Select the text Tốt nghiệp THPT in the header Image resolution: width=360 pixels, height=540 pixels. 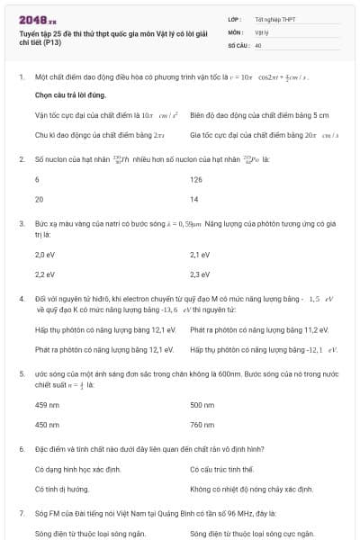click(273, 19)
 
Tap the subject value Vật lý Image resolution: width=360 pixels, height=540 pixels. click(262, 31)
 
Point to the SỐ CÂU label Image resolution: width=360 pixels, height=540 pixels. click(238, 44)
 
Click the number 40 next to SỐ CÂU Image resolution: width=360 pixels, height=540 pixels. click(258, 44)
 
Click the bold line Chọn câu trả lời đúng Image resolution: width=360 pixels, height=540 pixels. click(71, 94)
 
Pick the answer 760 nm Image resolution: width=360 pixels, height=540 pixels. click(202, 424)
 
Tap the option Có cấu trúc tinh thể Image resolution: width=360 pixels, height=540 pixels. click(221, 470)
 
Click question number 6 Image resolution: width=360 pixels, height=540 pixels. click(21, 448)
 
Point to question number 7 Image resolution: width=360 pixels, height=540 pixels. click(21, 511)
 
